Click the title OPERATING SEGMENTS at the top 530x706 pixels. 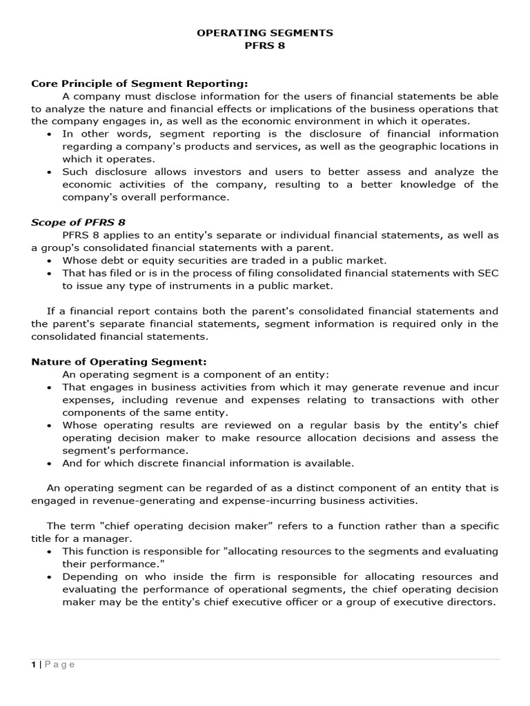point(265,32)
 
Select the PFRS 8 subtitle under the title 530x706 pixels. point(265,46)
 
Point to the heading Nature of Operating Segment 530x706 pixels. point(119,361)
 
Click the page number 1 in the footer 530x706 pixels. point(33,665)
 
